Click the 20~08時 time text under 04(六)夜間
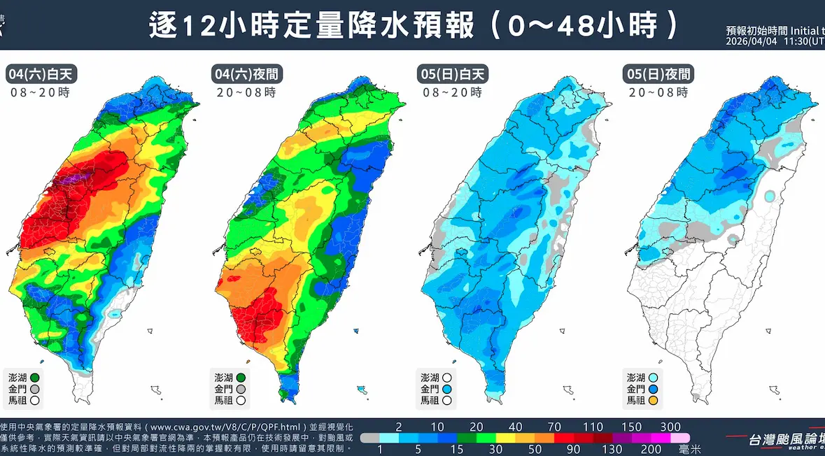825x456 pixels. [246, 92]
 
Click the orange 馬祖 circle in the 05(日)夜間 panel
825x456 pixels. [654, 401]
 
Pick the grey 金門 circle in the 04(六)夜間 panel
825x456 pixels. [241, 389]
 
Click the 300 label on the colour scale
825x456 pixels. [670, 427]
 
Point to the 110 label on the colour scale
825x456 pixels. [593, 427]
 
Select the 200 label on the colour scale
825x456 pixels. [651, 450]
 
